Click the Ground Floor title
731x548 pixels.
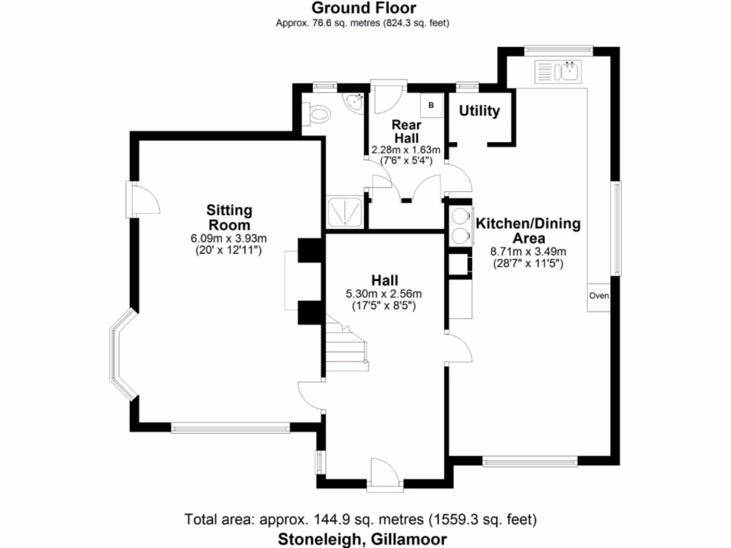(x=364, y=9)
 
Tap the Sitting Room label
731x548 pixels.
(x=229, y=217)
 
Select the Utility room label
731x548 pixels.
(x=479, y=111)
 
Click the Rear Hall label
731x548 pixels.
(x=405, y=130)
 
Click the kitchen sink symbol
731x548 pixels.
(x=559, y=71)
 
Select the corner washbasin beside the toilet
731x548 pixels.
(x=355, y=104)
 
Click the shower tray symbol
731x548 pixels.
(x=346, y=212)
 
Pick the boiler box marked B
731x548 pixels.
(x=431, y=106)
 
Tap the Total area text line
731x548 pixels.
(x=361, y=519)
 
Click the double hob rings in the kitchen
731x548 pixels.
(x=459, y=225)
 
